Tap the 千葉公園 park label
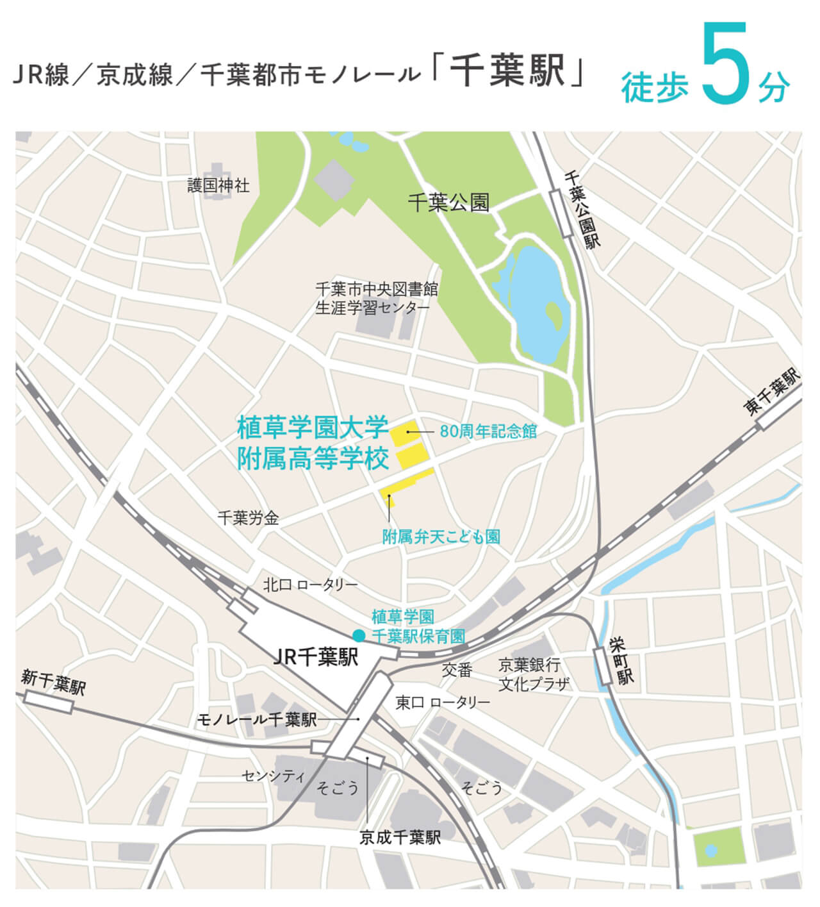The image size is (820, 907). coord(448,203)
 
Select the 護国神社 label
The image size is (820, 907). coord(218,186)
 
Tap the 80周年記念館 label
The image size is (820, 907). coord(488,431)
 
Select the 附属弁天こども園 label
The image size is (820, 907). coord(441,537)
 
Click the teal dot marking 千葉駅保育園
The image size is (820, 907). coord(359,635)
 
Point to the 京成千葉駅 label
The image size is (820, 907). coord(400,837)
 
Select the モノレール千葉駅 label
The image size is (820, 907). coord(256,720)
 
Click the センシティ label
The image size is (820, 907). coord(274,776)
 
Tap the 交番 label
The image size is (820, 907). coord(457,670)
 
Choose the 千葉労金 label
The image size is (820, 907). coord(248,518)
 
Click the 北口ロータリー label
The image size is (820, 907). coord(310,585)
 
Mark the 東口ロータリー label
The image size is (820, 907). coord(442,703)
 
